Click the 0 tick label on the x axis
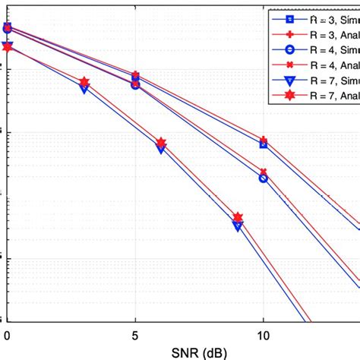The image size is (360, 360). coord(8,334)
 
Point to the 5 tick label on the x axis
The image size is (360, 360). coord(135,334)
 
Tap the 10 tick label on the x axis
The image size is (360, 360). coord(263,334)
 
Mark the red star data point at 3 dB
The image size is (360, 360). coord(84,82)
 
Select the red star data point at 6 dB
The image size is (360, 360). coord(161,142)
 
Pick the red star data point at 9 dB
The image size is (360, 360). coord(238,217)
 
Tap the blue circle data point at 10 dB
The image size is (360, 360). coord(264,178)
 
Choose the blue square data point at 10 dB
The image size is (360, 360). coord(264,144)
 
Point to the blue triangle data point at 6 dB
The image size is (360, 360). coord(161,150)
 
